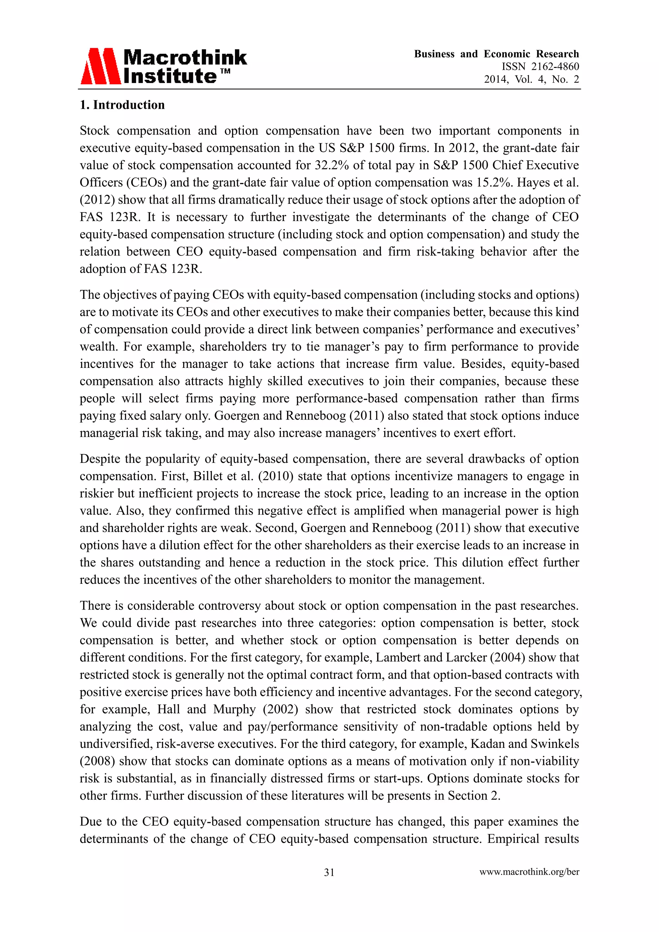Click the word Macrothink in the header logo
click(x=185, y=57)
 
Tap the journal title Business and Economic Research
click(x=496, y=54)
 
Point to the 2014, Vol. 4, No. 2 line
click(x=531, y=79)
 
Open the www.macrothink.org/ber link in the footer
click(x=529, y=872)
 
